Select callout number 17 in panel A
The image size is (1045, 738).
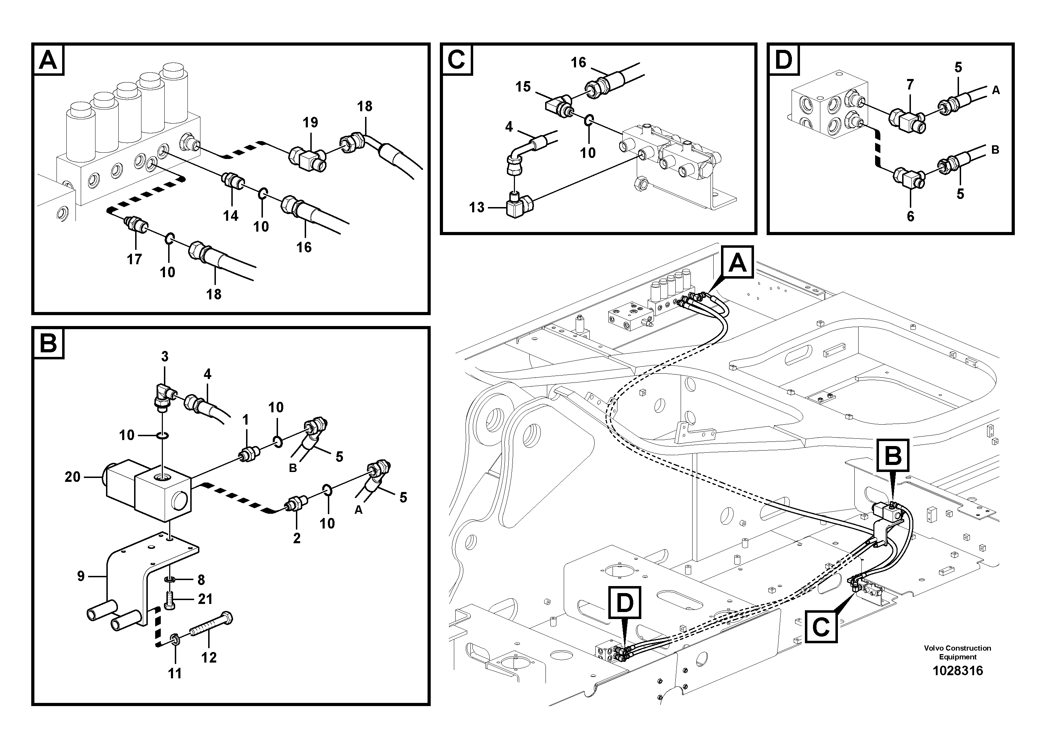[x=134, y=259]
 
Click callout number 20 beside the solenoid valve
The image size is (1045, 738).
[x=72, y=477]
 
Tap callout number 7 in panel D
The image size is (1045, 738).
[x=910, y=84]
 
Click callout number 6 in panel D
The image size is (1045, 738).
[x=910, y=216]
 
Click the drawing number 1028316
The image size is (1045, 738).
[x=958, y=671]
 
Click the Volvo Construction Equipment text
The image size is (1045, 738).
[x=958, y=652]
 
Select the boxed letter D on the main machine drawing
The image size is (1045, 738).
[x=624, y=603]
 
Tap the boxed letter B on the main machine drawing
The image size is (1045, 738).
[x=893, y=455]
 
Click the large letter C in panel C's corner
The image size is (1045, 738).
[x=456, y=59]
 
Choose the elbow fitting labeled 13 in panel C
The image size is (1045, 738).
[x=516, y=208]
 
